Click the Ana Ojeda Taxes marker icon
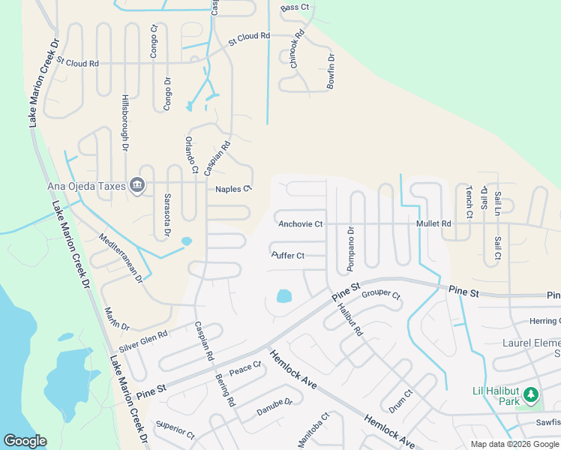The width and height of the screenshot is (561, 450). coord(136,184)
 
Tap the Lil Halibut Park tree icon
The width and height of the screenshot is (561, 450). coord(531,394)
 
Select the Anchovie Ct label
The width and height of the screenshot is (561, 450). coord(300,224)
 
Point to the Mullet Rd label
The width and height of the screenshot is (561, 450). coord(434,223)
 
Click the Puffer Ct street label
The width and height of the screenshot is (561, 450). coord(288,256)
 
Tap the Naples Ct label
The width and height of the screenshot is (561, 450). coord(232,190)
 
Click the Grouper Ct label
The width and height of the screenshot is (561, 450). coord(382,294)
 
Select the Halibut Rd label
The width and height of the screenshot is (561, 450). coord(350,316)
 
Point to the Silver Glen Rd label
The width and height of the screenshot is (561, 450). coord(143,342)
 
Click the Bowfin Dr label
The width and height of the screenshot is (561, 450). coord(330,72)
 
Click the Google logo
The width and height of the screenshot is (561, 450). coord(25,441)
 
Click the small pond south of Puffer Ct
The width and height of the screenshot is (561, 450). coord(284,296)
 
